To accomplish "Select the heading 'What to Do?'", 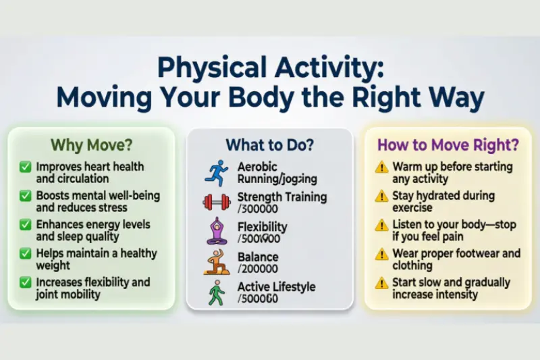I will tap(269, 145).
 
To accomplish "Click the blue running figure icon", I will tap(217, 173).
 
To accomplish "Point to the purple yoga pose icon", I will tap(217, 232).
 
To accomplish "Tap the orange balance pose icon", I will tap(217, 261).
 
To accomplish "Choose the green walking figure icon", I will tap(217, 292).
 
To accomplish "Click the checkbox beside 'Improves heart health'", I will tap(26, 167).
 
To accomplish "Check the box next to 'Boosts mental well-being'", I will tap(26, 196).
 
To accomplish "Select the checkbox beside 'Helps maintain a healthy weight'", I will tap(26, 254).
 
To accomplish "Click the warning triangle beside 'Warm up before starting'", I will tap(382, 167).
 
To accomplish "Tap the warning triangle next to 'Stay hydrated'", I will tap(382, 196).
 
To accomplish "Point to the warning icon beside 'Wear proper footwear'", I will tap(382, 254).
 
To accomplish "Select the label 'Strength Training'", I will tap(282, 197).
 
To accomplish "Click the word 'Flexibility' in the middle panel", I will tap(263, 226).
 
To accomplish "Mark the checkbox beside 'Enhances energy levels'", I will tap(26, 225).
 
